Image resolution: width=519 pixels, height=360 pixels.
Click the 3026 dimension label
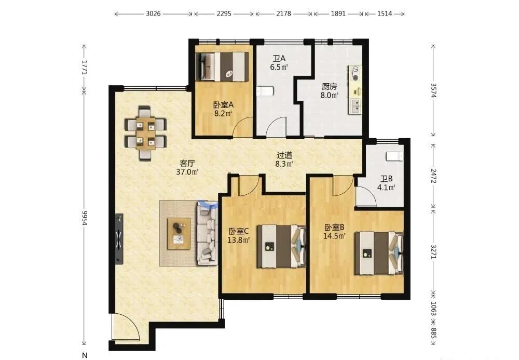[153, 14]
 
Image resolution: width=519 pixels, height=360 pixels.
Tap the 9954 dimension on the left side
[85, 218]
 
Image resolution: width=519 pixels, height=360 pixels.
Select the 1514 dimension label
[385, 14]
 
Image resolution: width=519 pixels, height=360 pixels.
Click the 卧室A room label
[223, 105]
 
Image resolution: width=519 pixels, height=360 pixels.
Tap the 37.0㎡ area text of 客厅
[187, 171]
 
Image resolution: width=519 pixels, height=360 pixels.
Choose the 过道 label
[284, 155]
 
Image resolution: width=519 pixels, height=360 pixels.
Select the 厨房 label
[330, 87]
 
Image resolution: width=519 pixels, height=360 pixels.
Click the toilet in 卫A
[265, 91]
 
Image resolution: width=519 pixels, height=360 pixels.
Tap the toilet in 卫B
[395, 156]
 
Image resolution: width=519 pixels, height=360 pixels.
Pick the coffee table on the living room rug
[179, 234]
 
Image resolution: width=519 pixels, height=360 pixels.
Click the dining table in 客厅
[145, 134]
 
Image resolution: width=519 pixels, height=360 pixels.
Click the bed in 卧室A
[222, 66]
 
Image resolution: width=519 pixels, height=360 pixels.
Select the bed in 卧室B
[379, 253]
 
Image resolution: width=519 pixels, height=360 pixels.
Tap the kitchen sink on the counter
[355, 106]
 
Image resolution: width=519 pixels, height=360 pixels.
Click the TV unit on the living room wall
[119, 239]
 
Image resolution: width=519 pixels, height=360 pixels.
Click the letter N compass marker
[85, 355]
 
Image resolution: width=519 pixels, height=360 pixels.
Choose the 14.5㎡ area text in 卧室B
[334, 236]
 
